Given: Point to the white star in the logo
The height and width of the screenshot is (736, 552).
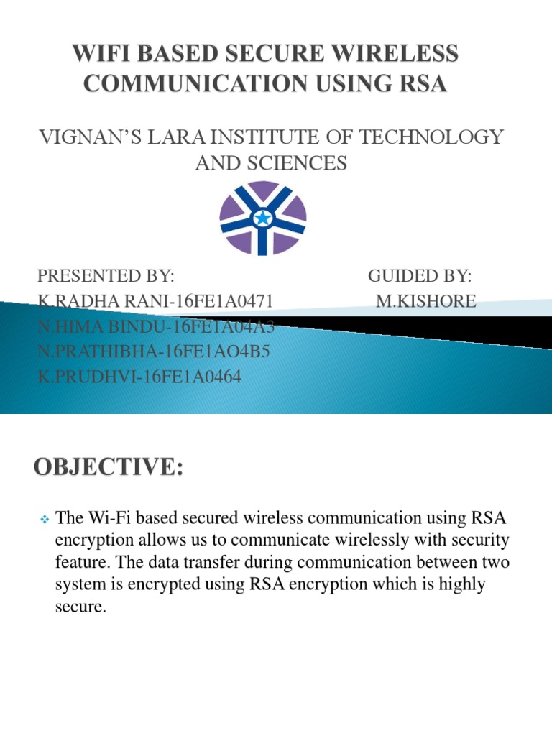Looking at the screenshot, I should [x=263, y=217].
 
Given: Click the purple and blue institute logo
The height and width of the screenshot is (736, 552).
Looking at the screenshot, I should [x=263, y=216].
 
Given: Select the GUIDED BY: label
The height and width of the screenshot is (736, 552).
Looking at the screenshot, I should [x=420, y=276].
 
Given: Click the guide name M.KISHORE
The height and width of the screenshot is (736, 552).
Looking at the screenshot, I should [x=426, y=302].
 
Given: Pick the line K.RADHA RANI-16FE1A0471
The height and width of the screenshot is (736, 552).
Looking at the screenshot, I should [x=155, y=302].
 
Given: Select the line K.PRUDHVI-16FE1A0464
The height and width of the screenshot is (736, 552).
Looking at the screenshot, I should [x=139, y=376].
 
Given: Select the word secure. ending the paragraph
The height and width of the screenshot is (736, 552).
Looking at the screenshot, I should [x=80, y=607].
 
